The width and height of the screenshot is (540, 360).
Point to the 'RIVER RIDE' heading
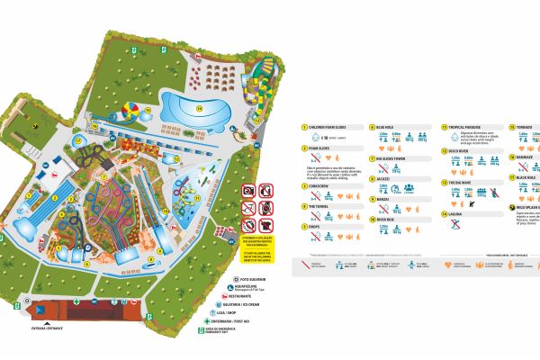pyautogui.click(x=390, y=218)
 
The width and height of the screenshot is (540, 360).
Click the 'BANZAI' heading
pyautogui.click(x=386, y=198)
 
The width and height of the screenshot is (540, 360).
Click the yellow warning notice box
pyautogui.click(x=257, y=236)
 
